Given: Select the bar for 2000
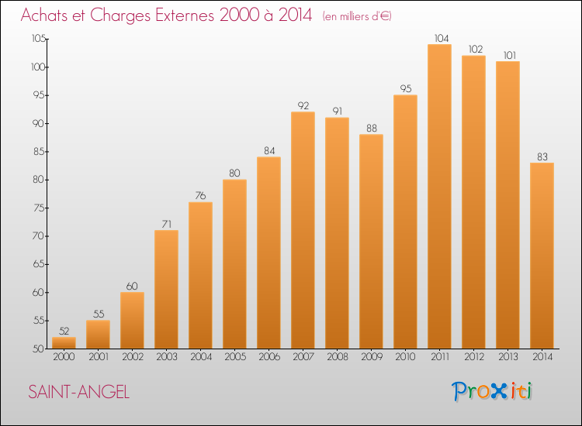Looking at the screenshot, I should click(x=64, y=342).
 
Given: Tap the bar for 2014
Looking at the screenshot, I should click(x=542, y=256).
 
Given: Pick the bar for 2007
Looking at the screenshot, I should click(x=303, y=230).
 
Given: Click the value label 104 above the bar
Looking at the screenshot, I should click(x=439, y=37).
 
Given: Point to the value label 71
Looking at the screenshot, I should click(x=166, y=223).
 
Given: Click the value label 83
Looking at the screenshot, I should click(x=542, y=156).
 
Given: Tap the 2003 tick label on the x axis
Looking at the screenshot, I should click(x=166, y=356).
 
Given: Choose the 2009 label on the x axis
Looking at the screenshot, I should click(x=371, y=356).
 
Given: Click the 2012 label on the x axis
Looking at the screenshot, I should click(x=473, y=356).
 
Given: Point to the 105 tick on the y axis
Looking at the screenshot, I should click(x=37, y=40).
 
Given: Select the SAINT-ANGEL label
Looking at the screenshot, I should click(x=79, y=392).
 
